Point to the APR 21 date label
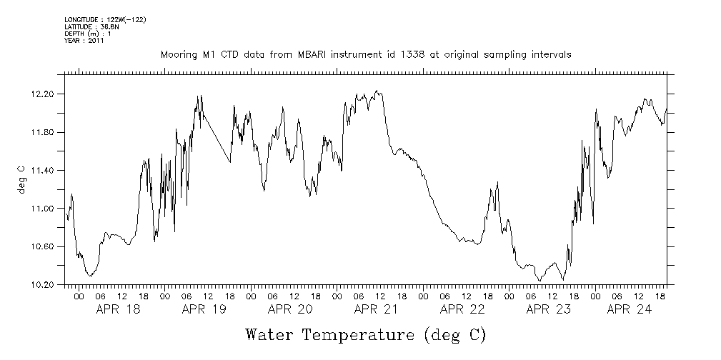pyautogui.click(x=376, y=309)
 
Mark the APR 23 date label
pyautogui.click(x=548, y=309)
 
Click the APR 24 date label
pyautogui.click(x=629, y=309)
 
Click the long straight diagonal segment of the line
pyautogui.click(x=217, y=139)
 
